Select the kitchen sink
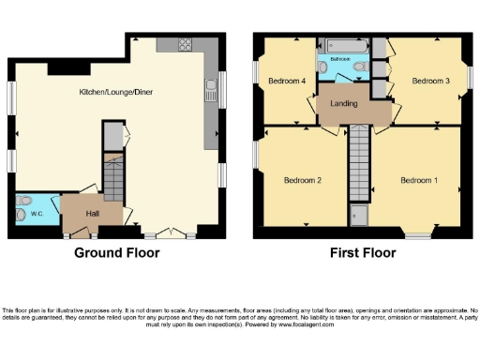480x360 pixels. (x=211, y=90)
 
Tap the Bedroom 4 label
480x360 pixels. (x=288, y=82)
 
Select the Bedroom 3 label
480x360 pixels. (x=431, y=82)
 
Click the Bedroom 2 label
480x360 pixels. (x=305, y=179)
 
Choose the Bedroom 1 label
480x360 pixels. (x=419, y=179)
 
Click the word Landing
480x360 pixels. (x=344, y=103)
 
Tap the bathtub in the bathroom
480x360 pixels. (x=344, y=45)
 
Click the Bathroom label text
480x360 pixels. (x=340, y=58)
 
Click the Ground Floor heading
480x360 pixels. (x=117, y=253)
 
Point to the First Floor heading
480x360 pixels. (x=359, y=253)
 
